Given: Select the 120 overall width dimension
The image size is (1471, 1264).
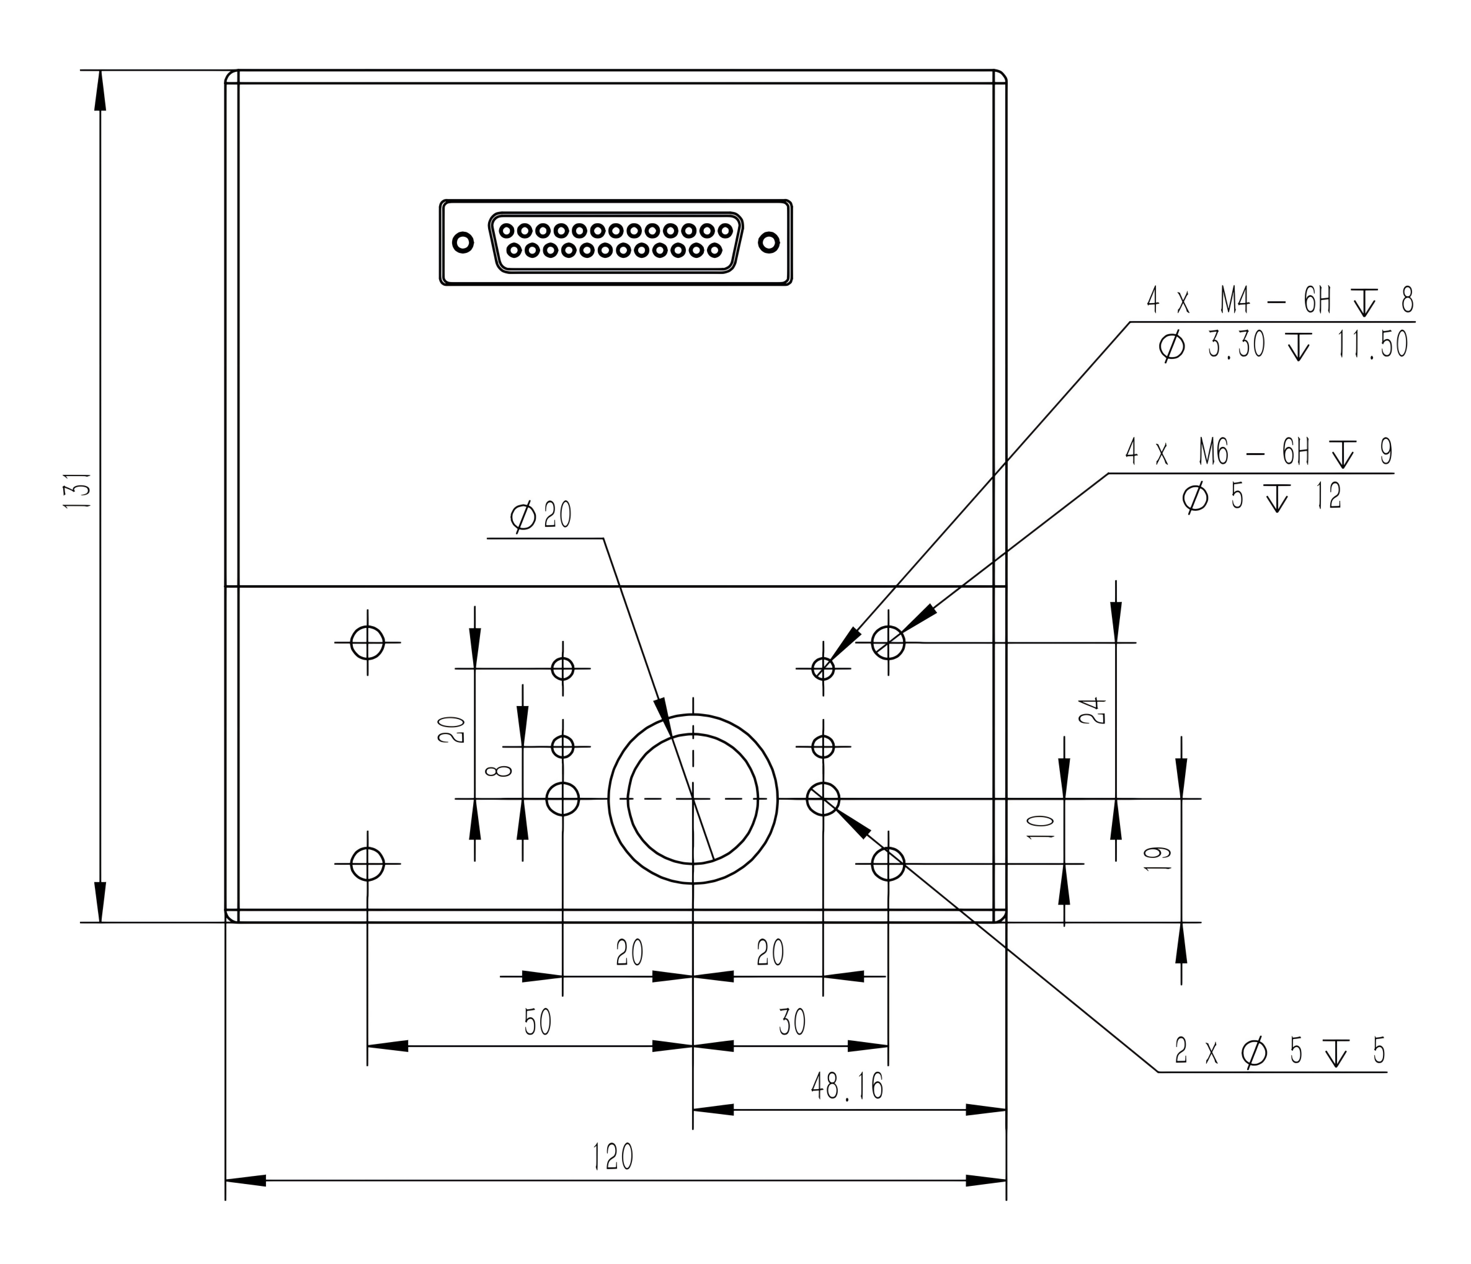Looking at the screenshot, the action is coord(613,1157).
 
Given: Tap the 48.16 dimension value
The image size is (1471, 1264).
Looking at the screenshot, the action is coord(848,1086).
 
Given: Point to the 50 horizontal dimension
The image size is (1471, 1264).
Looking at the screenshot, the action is coord(538,1023).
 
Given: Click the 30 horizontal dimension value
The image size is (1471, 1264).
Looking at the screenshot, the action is coord(793,1023).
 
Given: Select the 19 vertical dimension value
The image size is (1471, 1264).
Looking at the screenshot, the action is coord(1158,859).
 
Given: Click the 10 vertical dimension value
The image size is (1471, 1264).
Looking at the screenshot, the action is coord(1041,828).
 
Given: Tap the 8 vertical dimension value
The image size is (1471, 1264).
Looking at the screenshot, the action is coord(504,771).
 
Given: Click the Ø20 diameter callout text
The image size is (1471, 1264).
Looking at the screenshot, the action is coord(541,515).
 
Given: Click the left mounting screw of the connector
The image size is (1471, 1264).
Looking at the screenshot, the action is coord(463,243).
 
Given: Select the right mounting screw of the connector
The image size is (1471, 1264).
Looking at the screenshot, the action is coord(769,243).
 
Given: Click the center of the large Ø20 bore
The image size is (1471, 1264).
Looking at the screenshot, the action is coord(693,798).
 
